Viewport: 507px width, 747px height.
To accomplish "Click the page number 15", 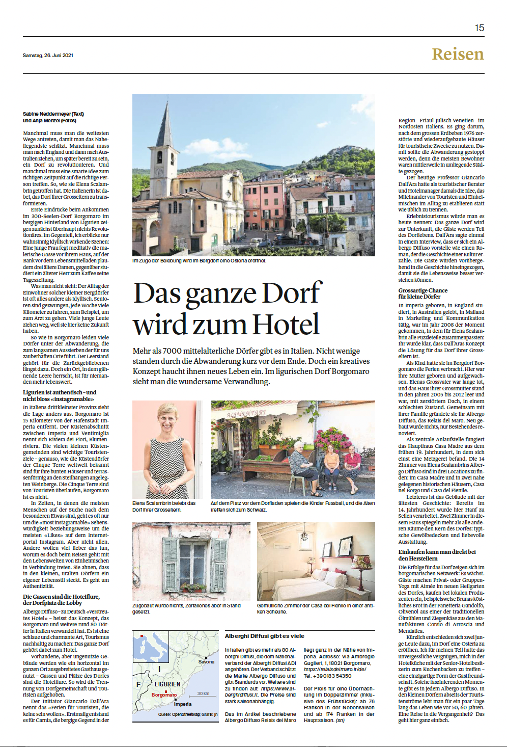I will (x=479, y=28).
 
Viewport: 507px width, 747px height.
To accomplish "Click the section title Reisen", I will (x=458, y=54).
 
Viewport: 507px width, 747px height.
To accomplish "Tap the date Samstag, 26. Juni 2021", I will (x=48, y=56).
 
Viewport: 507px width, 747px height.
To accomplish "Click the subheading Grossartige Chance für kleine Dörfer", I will (x=422, y=294).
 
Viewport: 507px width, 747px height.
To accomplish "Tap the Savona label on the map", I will (x=206, y=661).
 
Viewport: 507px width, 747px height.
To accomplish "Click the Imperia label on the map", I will (x=183, y=704).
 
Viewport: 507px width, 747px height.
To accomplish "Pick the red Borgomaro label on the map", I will (x=164, y=695).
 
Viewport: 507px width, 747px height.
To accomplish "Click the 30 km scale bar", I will (x=203, y=695).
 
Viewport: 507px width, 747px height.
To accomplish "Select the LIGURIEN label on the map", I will (x=167, y=684).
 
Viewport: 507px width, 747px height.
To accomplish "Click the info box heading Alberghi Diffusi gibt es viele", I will (x=264, y=636).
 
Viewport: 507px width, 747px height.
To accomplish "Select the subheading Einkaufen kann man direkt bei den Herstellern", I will (x=437, y=555).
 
